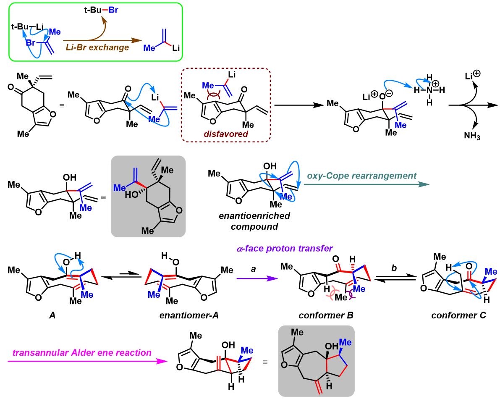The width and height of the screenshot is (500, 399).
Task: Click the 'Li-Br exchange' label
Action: tap(97, 47)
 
